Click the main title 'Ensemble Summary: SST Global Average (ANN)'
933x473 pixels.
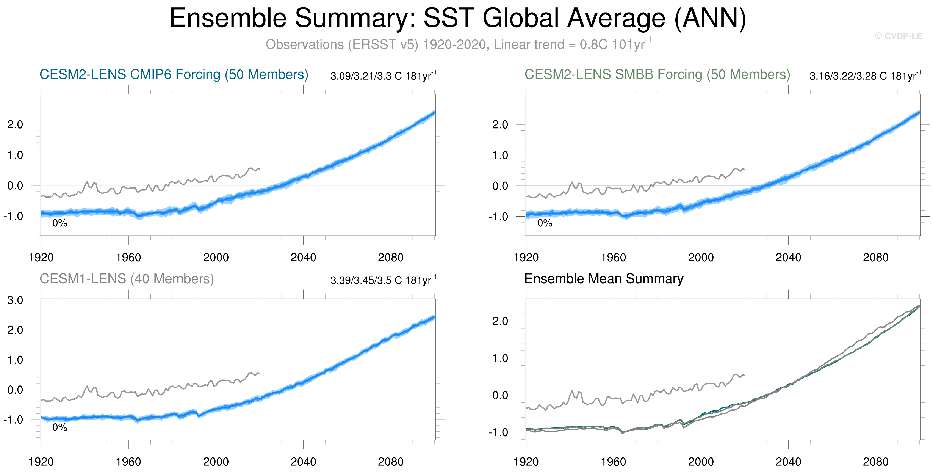click(x=458, y=18)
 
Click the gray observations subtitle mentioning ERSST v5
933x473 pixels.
click(x=458, y=44)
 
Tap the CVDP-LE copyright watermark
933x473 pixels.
click(x=898, y=36)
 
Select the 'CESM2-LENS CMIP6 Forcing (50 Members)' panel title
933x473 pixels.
click(x=174, y=74)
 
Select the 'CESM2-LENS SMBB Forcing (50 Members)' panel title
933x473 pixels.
click(x=657, y=74)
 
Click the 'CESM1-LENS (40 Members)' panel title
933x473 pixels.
click(x=127, y=279)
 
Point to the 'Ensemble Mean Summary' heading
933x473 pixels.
click(x=604, y=279)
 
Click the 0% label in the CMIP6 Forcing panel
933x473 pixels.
click(x=60, y=223)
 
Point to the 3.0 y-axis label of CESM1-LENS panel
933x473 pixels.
click(x=15, y=300)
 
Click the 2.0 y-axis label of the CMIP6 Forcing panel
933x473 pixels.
click(x=15, y=125)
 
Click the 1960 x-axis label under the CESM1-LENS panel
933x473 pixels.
click(x=128, y=462)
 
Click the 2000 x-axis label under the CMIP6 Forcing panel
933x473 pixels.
click(x=216, y=258)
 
